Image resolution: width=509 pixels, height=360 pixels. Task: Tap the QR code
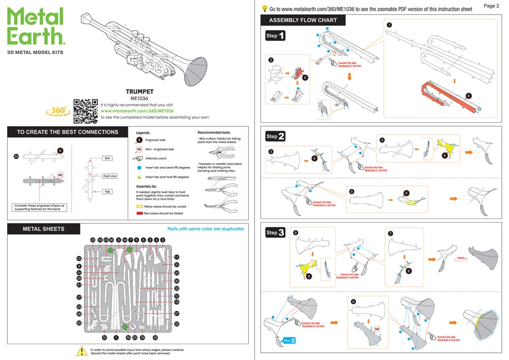tap(86, 110)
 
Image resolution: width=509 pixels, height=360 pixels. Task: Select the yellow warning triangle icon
tap(81, 351)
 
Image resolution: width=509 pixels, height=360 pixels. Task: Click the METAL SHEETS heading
tap(44, 229)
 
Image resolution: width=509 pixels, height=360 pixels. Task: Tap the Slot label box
tap(107, 158)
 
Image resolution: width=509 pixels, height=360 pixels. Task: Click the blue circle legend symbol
tap(139, 168)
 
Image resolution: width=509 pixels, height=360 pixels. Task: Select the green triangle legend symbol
tap(139, 177)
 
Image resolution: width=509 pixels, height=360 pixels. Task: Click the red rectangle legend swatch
tap(139, 214)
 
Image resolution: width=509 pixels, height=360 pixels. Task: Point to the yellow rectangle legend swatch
tap(139, 207)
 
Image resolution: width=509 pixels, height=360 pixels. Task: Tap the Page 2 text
tap(491, 6)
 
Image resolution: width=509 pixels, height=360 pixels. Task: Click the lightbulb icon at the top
tap(265, 8)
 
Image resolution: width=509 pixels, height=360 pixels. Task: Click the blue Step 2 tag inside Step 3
tap(289, 340)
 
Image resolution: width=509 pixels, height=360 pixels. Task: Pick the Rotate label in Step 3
tap(462, 259)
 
